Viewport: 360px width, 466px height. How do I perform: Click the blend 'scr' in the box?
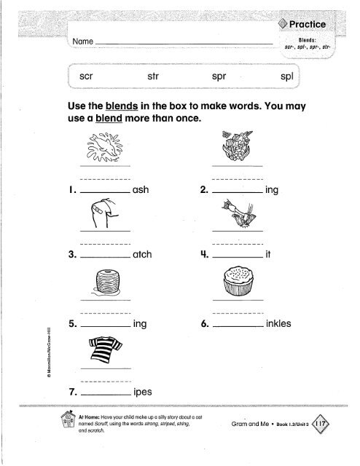click(86, 76)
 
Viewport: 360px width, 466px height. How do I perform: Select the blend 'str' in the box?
click(154, 76)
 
